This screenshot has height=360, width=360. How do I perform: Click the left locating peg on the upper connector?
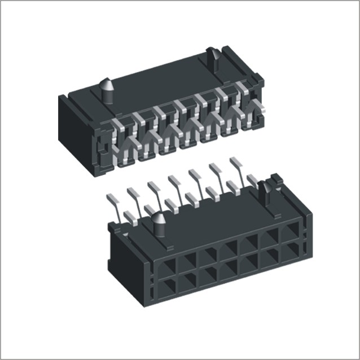tap(107, 89)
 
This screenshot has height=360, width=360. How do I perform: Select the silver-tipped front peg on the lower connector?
tap(159, 224)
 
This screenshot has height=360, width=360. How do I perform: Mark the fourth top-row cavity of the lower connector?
tap(227, 248)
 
